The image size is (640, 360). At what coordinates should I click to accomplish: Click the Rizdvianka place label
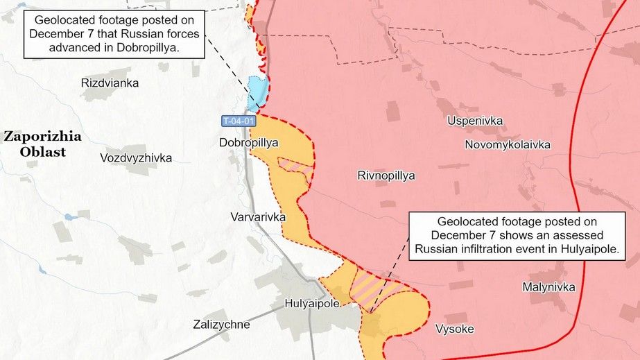point(110,83)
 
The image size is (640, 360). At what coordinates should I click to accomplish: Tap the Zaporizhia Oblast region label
point(42,144)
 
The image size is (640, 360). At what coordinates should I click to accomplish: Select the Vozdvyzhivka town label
point(136,158)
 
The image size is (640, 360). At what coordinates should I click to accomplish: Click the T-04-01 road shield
point(239,121)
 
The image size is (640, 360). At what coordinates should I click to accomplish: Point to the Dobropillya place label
point(248,143)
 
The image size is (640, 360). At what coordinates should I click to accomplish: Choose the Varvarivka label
point(258,217)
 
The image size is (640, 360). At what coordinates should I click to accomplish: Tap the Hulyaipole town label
point(312,304)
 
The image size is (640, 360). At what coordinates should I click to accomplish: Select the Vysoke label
point(455,329)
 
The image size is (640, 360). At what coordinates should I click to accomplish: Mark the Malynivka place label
point(549,286)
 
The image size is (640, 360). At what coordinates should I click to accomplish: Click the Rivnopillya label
point(386,175)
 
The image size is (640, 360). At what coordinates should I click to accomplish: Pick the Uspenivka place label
point(475,121)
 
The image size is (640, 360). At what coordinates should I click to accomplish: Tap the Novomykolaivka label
point(508,145)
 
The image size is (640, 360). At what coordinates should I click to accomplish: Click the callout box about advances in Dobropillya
point(116,34)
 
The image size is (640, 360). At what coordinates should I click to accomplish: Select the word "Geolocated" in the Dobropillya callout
point(64,20)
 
